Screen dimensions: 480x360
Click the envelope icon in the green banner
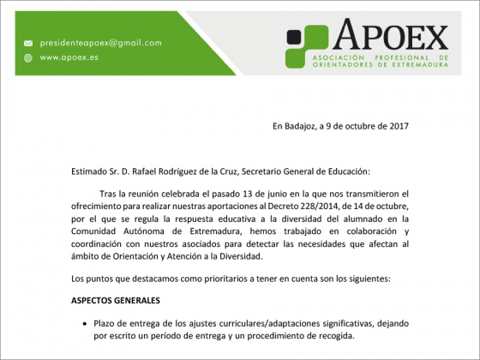(x=27, y=43)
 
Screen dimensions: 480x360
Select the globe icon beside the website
(x=27, y=58)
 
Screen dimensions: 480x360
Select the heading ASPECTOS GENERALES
(x=115, y=300)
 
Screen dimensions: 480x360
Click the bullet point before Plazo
(x=84, y=323)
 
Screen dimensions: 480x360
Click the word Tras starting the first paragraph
(x=111, y=195)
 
